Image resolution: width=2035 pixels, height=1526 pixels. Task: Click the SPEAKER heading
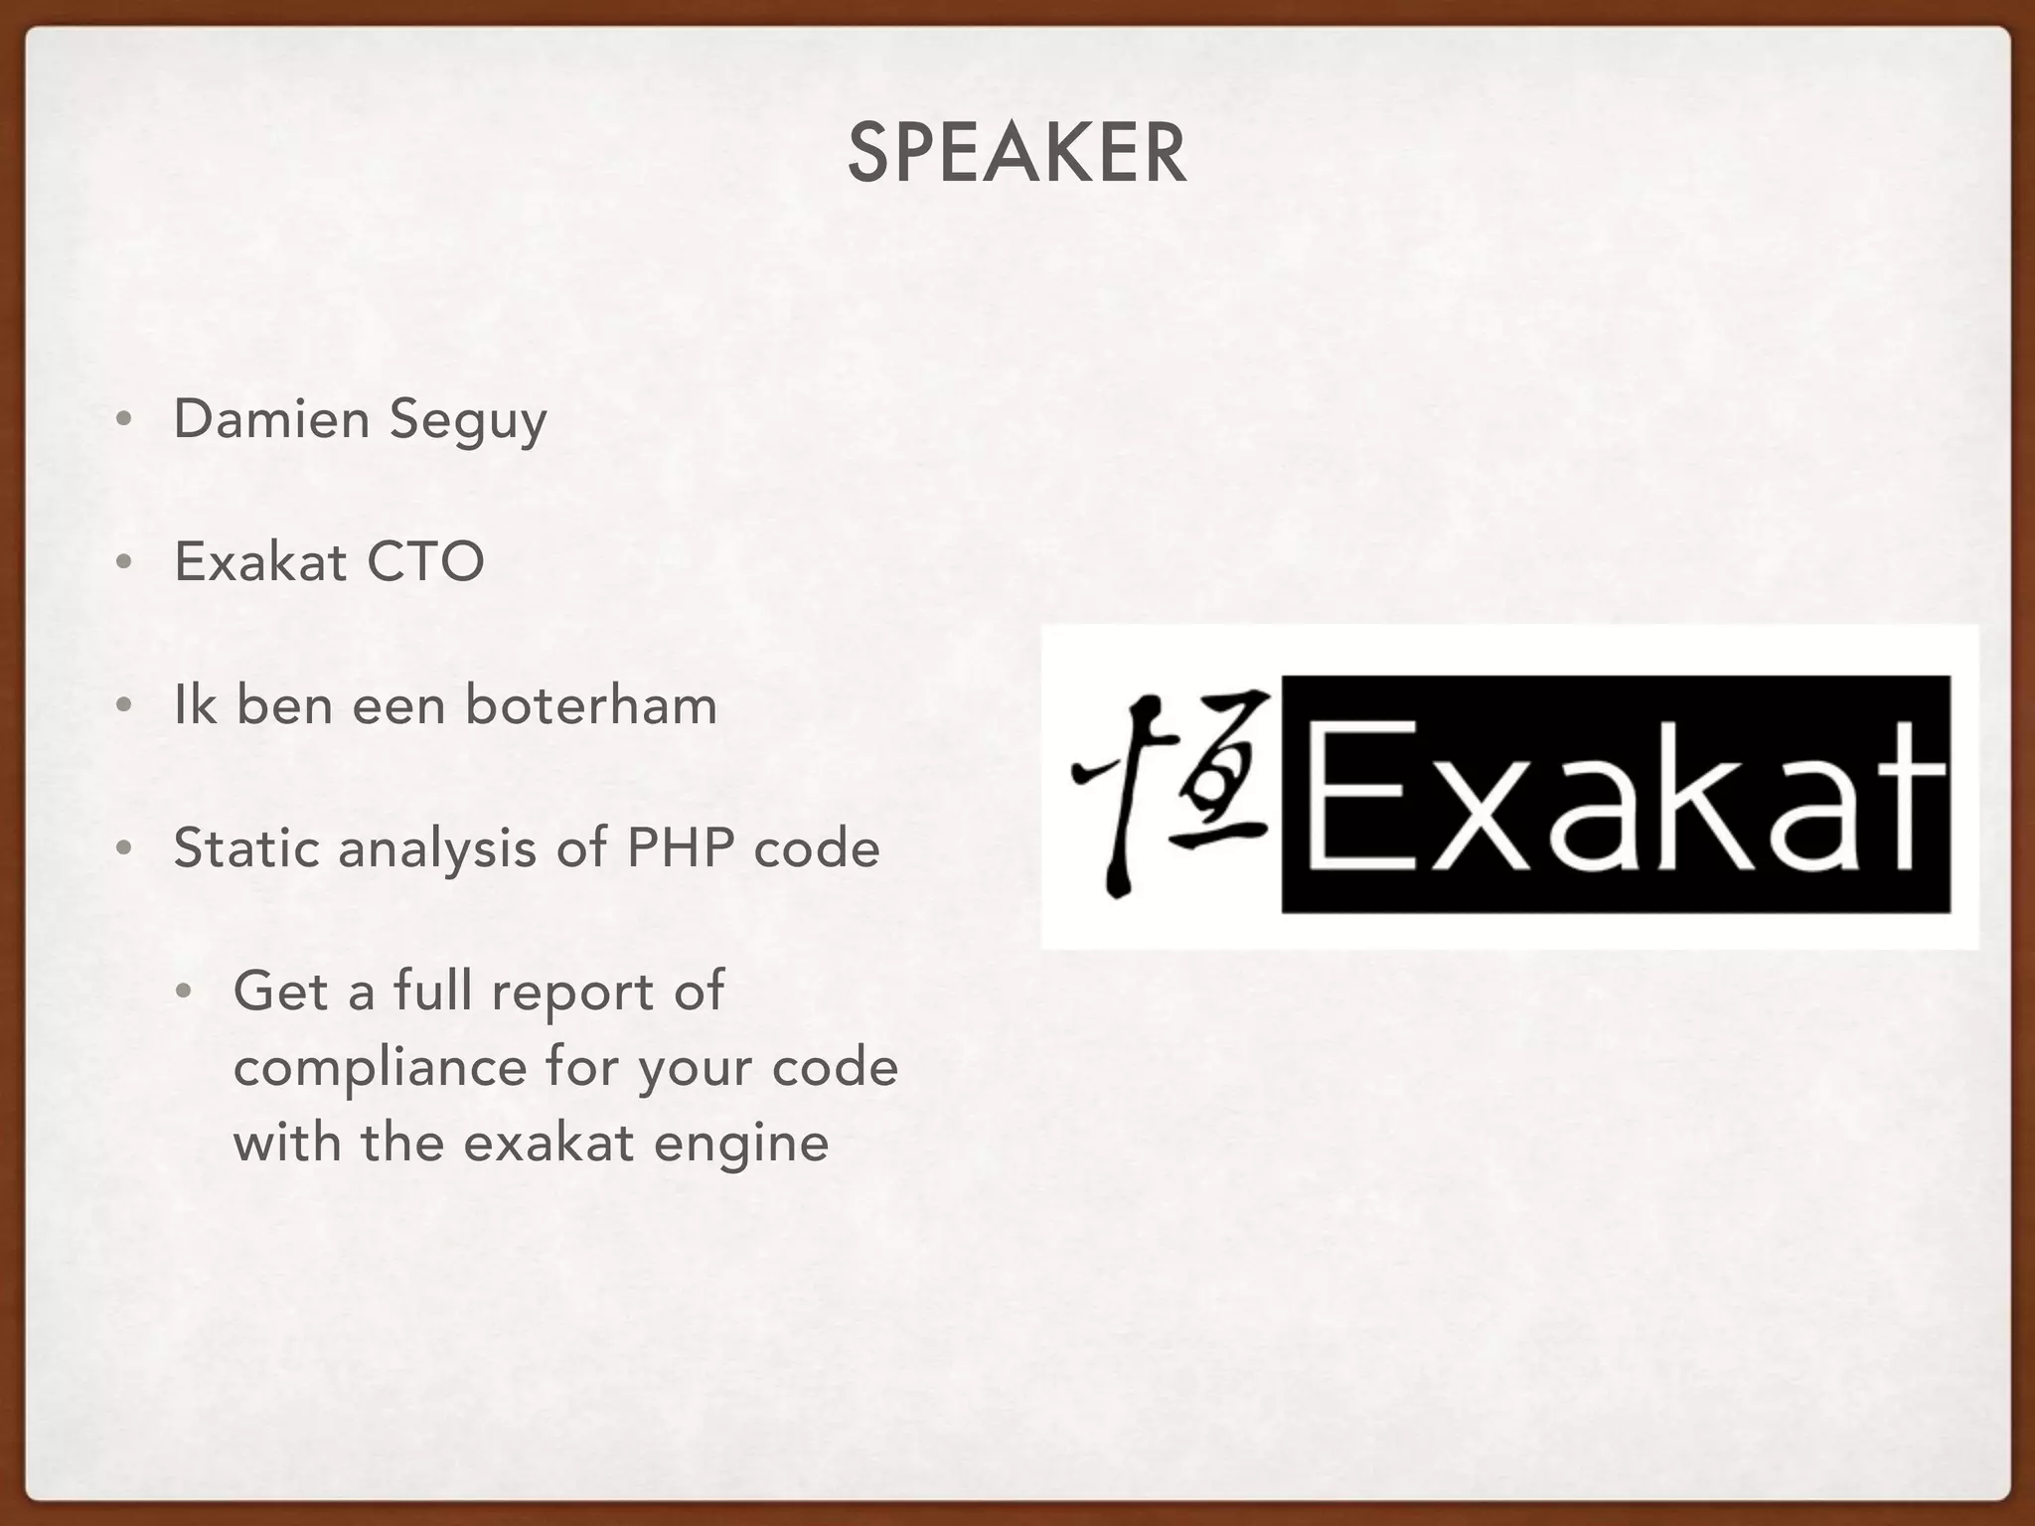pos(1017,154)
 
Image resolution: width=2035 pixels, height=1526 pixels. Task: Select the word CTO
pos(425,562)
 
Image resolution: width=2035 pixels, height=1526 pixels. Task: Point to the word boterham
pos(590,705)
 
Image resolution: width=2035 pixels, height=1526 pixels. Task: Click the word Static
pos(245,848)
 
